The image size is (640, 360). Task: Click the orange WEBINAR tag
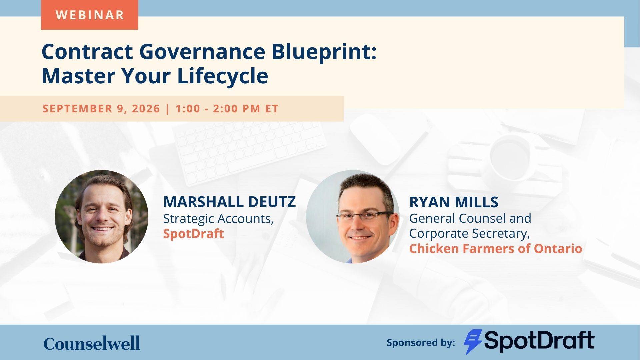[x=89, y=15]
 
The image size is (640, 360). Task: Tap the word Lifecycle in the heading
[x=223, y=76]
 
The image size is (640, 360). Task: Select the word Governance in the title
[x=202, y=51]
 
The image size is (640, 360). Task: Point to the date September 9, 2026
[x=101, y=109]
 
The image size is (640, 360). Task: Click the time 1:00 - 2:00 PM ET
[x=227, y=109]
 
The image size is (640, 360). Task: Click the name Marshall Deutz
[x=229, y=202]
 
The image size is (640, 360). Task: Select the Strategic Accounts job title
[x=218, y=219]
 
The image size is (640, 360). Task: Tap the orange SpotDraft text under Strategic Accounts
[x=193, y=233]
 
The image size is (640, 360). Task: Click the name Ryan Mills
[x=454, y=202]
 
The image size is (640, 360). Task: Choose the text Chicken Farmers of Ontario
[x=496, y=248]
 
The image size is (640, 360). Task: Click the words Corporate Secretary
[x=469, y=233]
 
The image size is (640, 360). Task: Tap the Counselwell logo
[x=92, y=343]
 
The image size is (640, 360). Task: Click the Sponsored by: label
[x=421, y=342]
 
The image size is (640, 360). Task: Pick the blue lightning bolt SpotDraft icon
[x=473, y=342]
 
